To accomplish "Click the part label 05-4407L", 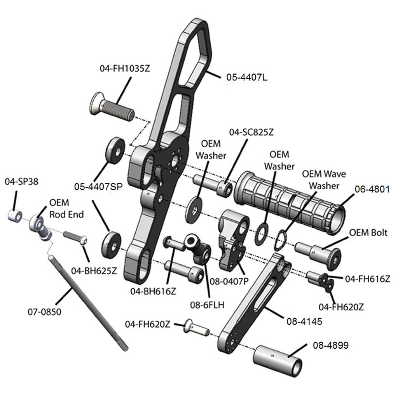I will click(247, 77).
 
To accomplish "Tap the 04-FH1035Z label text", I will click(125, 68).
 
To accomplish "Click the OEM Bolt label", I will click(368, 233).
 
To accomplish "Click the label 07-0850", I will click(45, 312).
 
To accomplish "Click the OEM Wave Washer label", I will click(324, 180).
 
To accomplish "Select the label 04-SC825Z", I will click(251, 132).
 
